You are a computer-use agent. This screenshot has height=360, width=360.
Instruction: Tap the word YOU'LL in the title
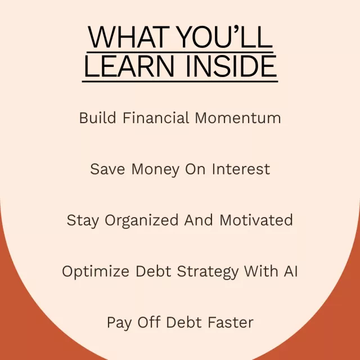click(x=225, y=37)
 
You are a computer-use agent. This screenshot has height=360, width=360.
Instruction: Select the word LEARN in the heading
click(x=129, y=66)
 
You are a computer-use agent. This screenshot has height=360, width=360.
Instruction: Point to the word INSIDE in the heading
click(x=232, y=66)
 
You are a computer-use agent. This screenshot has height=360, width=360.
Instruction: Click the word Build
click(x=97, y=118)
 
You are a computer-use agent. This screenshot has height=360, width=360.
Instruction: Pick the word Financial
click(x=156, y=118)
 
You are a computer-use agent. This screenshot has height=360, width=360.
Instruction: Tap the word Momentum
click(x=238, y=118)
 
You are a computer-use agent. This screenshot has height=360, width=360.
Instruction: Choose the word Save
click(x=107, y=169)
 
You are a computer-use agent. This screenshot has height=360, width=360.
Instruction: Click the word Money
click(x=155, y=170)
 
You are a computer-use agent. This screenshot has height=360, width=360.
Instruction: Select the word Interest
click(x=241, y=169)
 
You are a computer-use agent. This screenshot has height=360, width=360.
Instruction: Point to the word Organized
click(x=141, y=221)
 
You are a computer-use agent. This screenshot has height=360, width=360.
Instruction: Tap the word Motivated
click(x=256, y=220)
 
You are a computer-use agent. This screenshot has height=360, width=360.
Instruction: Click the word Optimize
click(x=96, y=272)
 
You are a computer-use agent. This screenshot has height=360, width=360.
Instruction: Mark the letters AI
click(x=291, y=271)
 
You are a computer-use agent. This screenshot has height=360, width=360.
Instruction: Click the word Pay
click(x=119, y=323)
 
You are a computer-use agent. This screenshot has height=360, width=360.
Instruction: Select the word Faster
click(x=231, y=322)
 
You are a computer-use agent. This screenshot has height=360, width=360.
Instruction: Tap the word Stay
click(x=83, y=221)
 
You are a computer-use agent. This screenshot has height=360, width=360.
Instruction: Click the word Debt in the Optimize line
click(x=154, y=271)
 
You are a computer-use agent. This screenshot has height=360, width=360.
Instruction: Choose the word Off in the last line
click(x=148, y=322)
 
